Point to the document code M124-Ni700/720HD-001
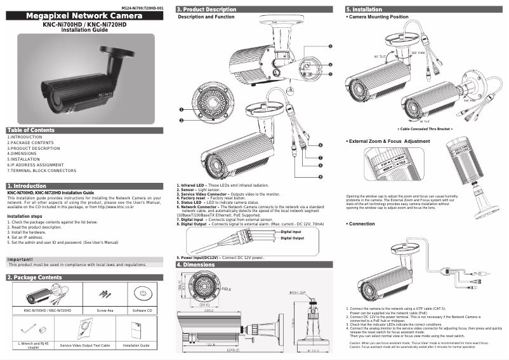[143, 6]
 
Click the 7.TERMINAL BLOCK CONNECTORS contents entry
[41, 171]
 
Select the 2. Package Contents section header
[34, 277]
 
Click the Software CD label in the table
[140, 310]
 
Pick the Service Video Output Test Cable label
[85, 345]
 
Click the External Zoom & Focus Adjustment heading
[389, 140]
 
